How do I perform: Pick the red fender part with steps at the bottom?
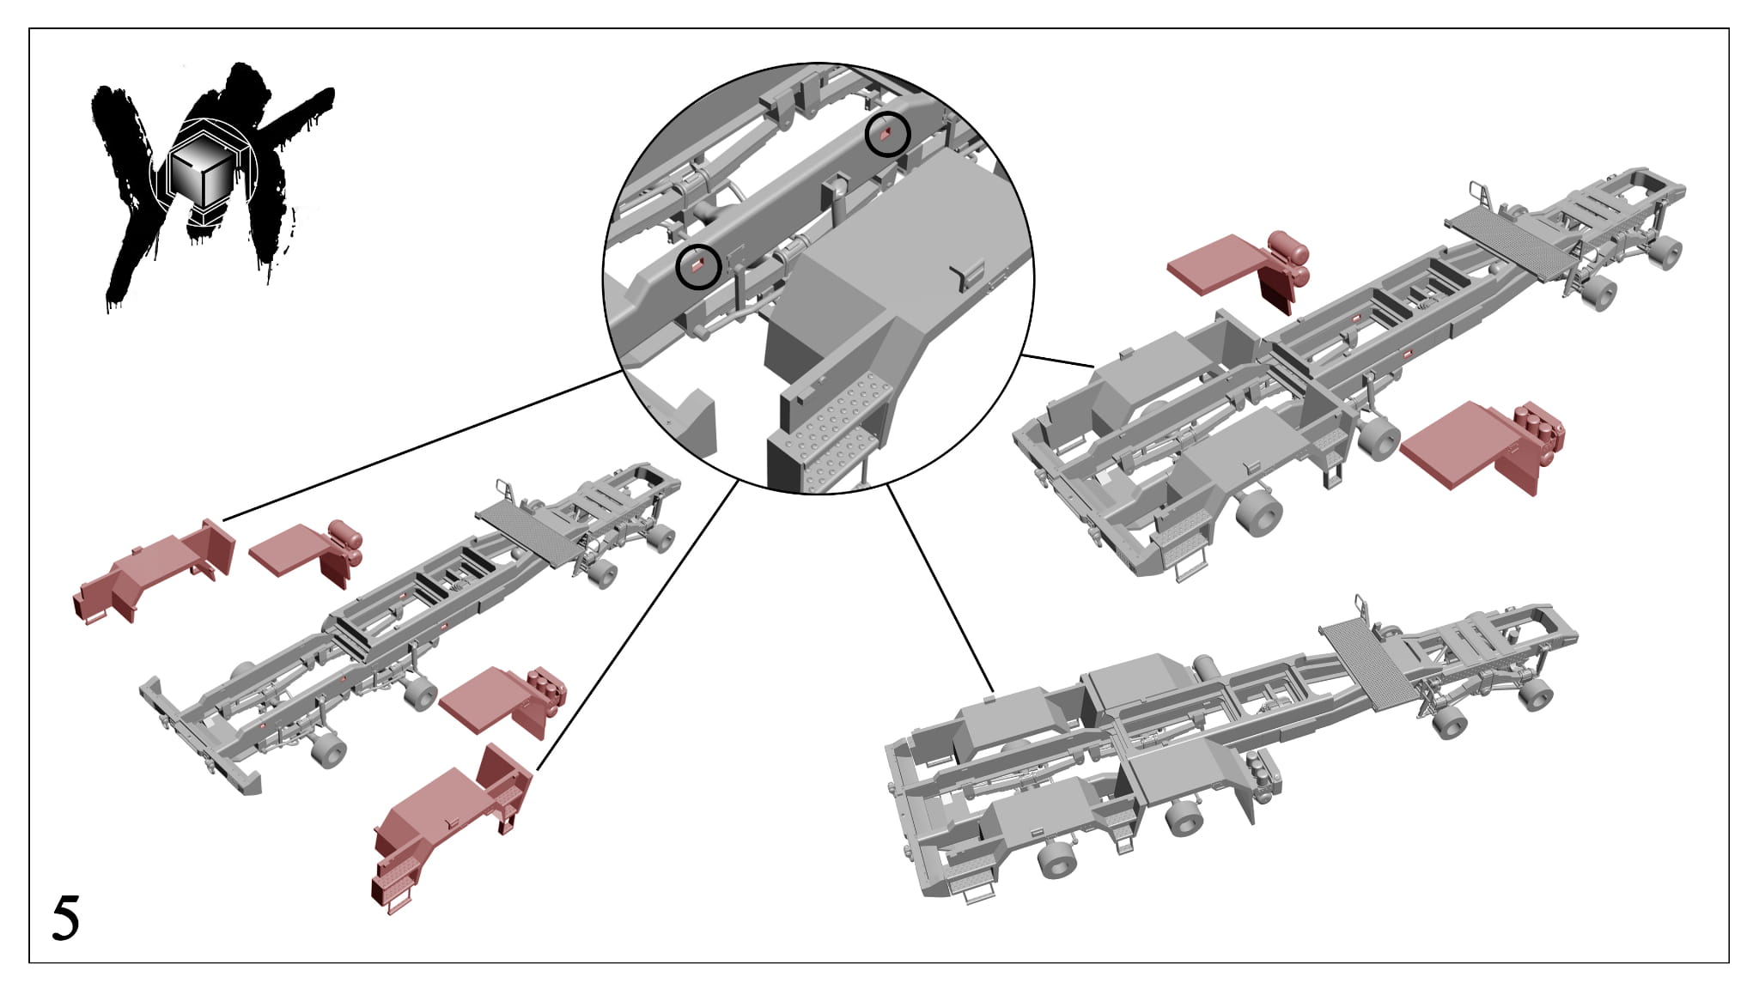pos(451,824)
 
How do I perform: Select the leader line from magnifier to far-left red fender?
pos(422,446)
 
